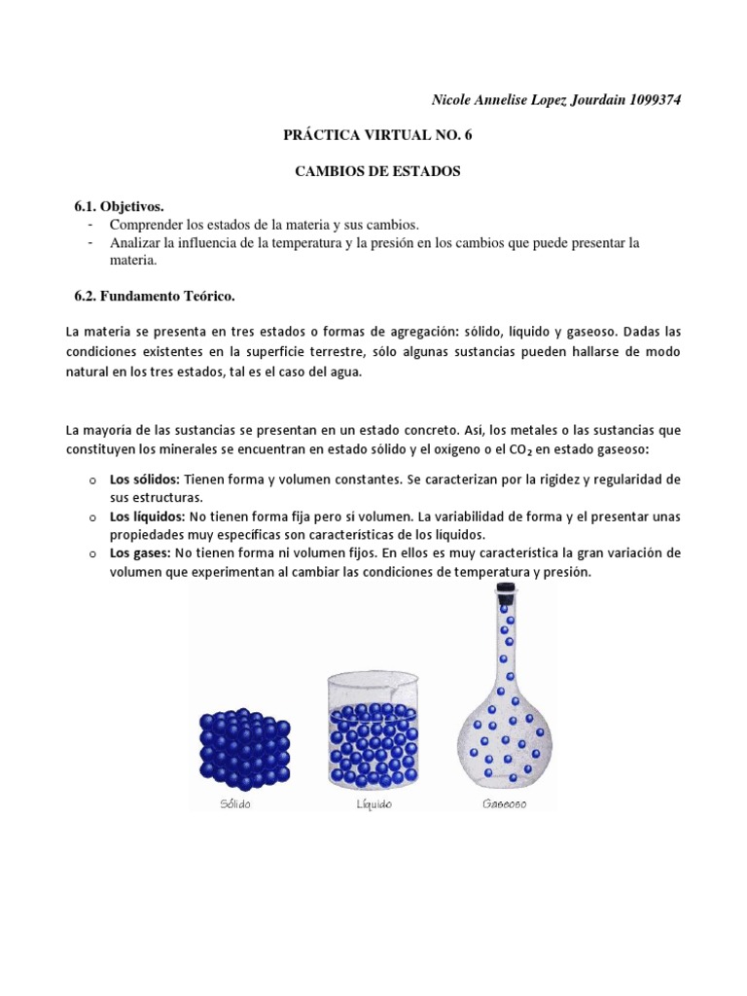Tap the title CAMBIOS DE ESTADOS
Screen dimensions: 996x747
point(377,171)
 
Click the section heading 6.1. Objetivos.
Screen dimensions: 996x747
point(120,207)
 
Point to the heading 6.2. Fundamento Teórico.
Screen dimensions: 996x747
point(156,295)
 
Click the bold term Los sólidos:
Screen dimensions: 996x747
point(144,480)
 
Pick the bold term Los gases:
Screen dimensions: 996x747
point(140,553)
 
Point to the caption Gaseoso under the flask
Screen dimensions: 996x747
point(504,804)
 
